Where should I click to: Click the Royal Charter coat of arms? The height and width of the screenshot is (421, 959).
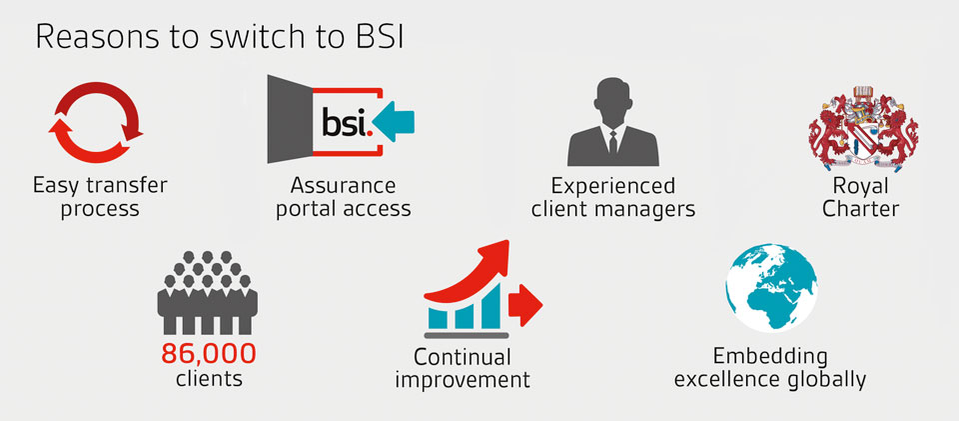861,125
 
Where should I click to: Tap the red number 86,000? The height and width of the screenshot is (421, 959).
209,353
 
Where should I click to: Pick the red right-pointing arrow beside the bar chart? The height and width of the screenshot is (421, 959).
525,300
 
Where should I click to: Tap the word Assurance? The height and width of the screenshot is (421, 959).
343,186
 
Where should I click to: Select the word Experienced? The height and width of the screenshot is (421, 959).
613,186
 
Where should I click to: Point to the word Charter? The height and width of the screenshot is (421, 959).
861,210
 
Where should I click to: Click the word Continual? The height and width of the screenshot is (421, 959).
463,357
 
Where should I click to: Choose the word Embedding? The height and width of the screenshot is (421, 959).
769,356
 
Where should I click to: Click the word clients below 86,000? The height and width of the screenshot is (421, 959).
209,380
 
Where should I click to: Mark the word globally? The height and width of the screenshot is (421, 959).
823,380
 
